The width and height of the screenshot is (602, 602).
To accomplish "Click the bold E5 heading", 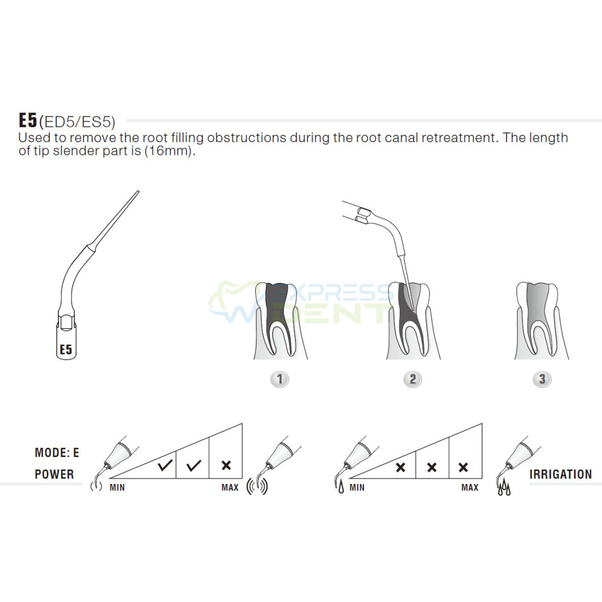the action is pyautogui.click(x=28, y=120).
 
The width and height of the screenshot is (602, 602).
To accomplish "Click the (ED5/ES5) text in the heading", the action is pyautogui.click(x=77, y=122).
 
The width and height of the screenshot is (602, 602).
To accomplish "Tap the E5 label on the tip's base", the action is pyautogui.click(x=66, y=349).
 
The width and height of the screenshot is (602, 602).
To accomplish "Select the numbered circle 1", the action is pyautogui.click(x=279, y=379).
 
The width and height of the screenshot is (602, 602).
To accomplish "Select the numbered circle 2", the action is pyautogui.click(x=413, y=379).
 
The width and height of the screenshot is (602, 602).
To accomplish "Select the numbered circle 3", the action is pyautogui.click(x=542, y=379).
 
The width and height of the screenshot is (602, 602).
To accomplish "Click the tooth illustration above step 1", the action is pyautogui.click(x=281, y=320).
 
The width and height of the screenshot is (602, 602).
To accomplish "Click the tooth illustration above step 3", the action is pyautogui.click(x=541, y=320).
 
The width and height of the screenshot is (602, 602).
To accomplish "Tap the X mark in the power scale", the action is pyautogui.click(x=226, y=465).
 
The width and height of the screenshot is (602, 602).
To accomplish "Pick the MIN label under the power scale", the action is pyautogui.click(x=117, y=488).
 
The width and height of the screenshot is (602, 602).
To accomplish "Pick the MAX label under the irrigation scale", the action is pyautogui.click(x=470, y=488).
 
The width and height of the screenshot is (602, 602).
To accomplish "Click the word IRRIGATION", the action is pyautogui.click(x=560, y=474).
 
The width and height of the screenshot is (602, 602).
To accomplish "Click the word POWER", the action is pyautogui.click(x=54, y=474).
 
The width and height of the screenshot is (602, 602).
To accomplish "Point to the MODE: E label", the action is pyautogui.click(x=57, y=453).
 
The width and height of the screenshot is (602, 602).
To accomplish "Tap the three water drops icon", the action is pyautogui.click(x=504, y=487).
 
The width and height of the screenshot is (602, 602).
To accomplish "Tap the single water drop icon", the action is pyautogui.click(x=341, y=488).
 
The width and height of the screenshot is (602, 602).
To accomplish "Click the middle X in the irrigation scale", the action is pyautogui.click(x=432, y=467).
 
